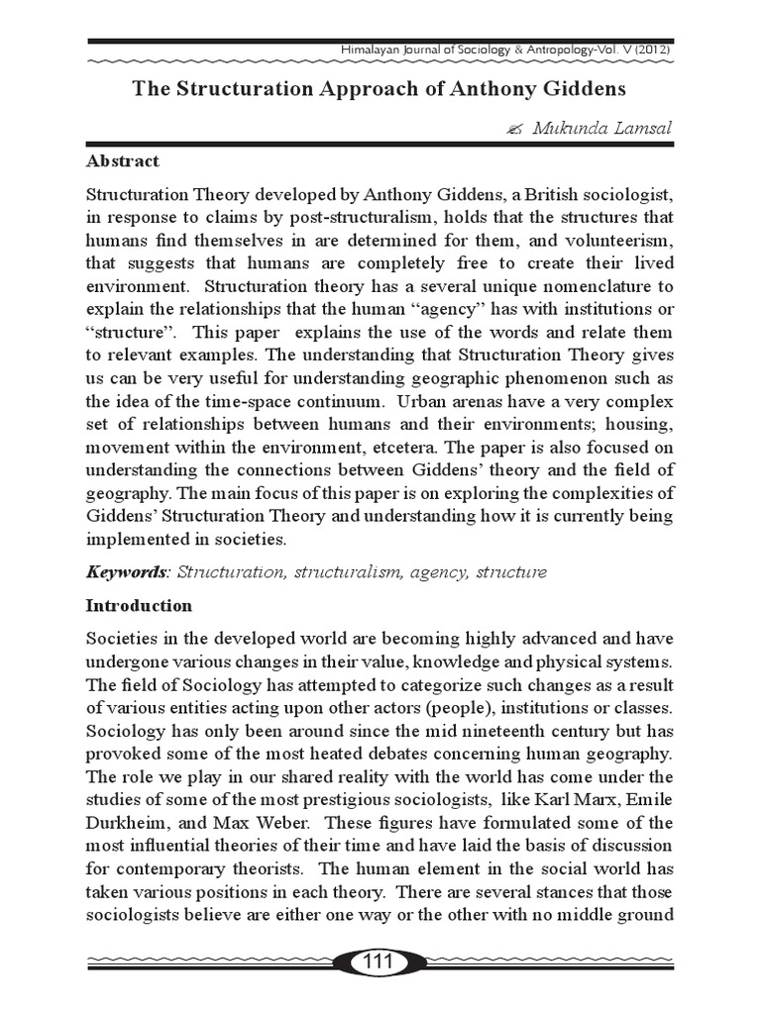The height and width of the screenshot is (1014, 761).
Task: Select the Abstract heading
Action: pos(123,160)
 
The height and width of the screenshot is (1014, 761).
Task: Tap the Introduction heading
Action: pos(140,605)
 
